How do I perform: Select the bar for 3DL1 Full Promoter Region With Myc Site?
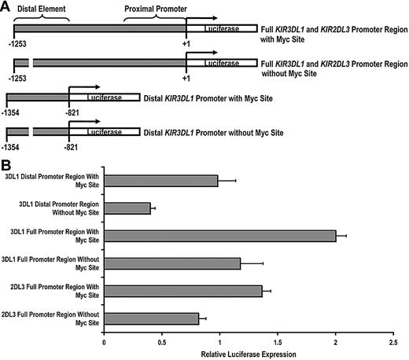pos(219,236)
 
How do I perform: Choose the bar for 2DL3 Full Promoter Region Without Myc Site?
pos(151,318)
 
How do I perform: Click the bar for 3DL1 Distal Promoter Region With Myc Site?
pos(160,181)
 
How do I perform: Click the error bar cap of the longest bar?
pos(347,236)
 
